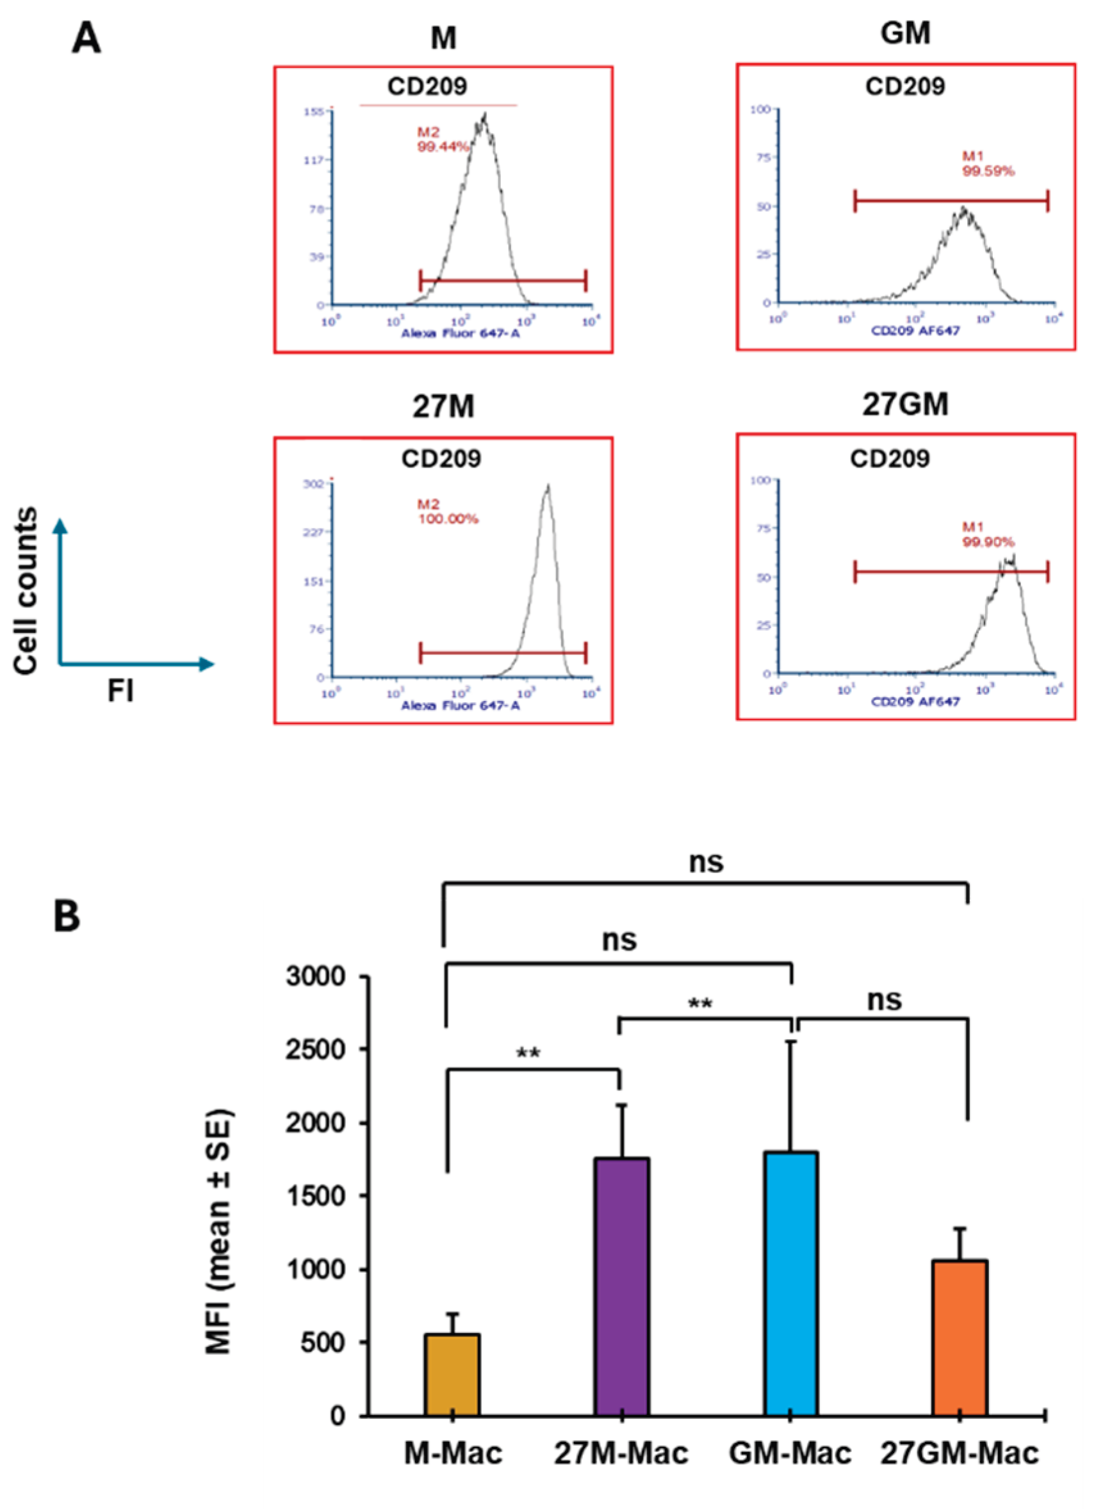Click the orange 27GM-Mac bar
[x=960, y=1337]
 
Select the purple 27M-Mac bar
[x=621, y=1287]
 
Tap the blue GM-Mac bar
[x=791, y=1284]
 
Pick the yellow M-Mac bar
[x=452, y=1373]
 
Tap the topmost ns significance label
[x=706, y=862]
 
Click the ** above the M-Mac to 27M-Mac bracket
[x=528, y=1054]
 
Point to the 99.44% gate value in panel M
[x=443, y=147]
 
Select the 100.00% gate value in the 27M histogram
[x=448, y=519]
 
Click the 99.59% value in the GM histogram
[x=988, y=171]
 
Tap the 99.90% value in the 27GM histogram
[x=988, y=542]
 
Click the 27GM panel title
[x=905, y=404]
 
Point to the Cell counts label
[x=26, y=591]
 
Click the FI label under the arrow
[x=121, y=691]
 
